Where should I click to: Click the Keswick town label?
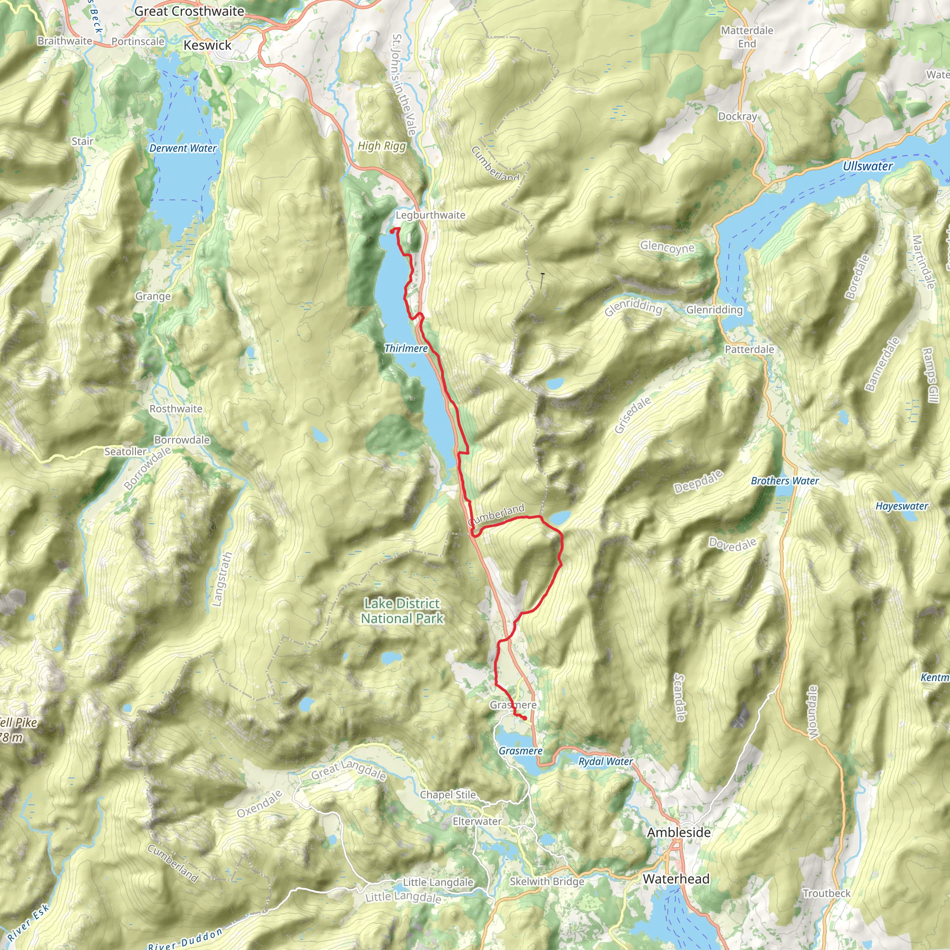point(207,45)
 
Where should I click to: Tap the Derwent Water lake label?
point(183,148)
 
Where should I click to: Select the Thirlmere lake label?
point(406,348)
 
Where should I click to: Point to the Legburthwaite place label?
point(430,215)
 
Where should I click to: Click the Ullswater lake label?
point(867,166)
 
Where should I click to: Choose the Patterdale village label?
point(750,349)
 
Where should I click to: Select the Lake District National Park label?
point(402,611)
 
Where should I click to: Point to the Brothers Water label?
point(784,481)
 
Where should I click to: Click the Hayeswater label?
point(901,506)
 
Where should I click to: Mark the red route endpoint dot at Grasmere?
point(525,719)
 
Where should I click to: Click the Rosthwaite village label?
point(175,409)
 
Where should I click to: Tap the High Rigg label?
point(382,146)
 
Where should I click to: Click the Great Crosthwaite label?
point(189,11)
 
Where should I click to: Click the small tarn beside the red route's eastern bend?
point(560,518)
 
